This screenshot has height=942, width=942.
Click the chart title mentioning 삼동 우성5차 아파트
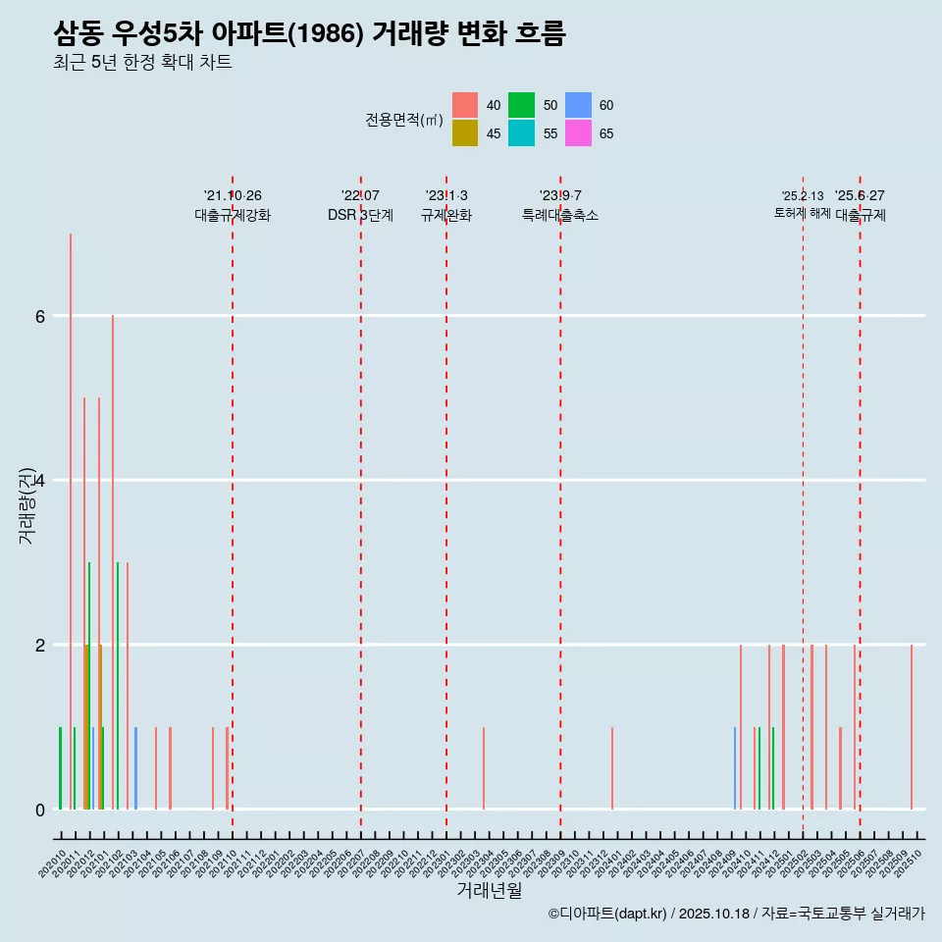(x=309, y=33)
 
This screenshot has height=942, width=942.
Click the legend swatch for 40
(x=465, y=105)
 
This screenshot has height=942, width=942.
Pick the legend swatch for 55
(x=521, y=133)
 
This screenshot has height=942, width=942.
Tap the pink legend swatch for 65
(x=578, y=133)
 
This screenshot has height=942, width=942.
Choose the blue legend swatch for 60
(x=578, y=105)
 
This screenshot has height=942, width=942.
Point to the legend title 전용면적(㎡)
(x=404, y=120)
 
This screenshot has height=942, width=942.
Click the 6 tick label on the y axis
(x=40, y=316)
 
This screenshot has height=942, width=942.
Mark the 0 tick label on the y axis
(x=40, y=810)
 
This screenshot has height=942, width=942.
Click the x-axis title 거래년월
(x=489, y=890)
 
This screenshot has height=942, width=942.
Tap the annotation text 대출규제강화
(x=233, y=215)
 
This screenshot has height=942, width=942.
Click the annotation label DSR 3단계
(x=360, y=215)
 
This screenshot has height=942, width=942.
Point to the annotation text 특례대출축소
(x=560, y=215)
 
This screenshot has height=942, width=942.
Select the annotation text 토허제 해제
(x=802, y=213)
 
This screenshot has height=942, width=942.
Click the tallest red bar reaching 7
(x=71, y=520)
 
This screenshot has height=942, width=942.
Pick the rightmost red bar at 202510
(x=912, y=727)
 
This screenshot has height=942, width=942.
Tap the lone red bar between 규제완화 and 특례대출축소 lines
(x=484, y=768)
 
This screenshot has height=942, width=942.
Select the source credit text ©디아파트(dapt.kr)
(x=608, y=914)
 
